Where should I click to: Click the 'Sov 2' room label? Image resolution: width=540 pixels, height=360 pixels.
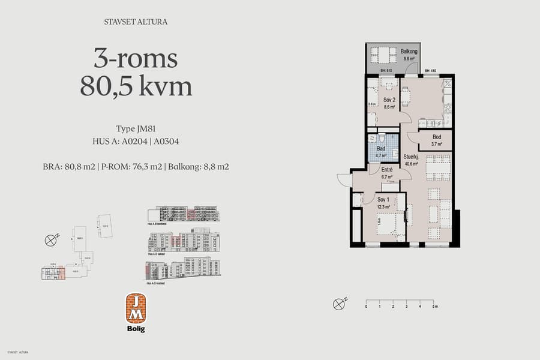tap(388, 100)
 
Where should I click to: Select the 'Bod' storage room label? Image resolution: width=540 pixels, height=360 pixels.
tap(436, 137)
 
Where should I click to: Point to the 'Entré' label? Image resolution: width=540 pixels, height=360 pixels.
tap(386, 170)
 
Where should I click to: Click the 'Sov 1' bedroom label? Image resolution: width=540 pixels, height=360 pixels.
tap(383, 200)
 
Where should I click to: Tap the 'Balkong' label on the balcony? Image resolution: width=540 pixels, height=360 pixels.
tap(409, 52)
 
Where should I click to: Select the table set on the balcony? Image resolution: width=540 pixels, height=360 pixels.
tap(382, 55)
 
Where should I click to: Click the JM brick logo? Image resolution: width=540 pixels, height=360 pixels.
tap(136, 308)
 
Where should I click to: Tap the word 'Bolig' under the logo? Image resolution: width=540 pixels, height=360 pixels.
tap(136, 328)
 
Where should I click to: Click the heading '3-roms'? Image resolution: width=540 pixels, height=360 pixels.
tap(136, 59)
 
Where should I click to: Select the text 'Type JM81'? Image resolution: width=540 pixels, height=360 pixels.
tap(136, 129)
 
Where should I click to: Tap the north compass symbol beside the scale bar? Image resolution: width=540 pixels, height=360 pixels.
tap(340, 304)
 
